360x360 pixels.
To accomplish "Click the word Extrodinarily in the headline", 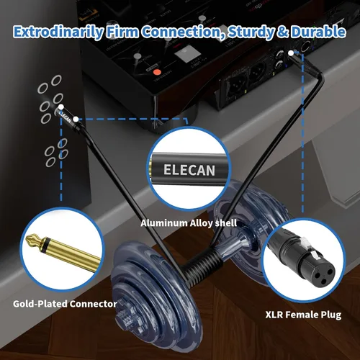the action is [58, 32].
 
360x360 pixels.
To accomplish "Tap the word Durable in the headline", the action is [318, 32].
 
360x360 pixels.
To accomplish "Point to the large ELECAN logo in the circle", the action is [189, 170].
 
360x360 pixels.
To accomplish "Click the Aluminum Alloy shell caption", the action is [189, 223].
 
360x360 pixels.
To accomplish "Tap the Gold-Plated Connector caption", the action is [65, 304].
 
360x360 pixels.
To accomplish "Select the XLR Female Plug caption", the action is [303, 315].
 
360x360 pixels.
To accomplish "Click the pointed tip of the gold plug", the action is [27, 239].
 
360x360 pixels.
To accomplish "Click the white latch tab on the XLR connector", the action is [304, 241].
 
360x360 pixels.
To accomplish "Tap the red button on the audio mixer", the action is [157, 72].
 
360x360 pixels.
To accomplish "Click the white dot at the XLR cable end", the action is [291, 53].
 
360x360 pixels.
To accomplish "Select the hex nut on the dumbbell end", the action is [125, 319].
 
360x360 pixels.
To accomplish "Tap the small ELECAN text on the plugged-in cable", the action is [65, 116].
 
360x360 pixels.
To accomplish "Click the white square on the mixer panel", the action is [184, 55].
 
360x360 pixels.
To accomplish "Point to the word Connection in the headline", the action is [183, 32].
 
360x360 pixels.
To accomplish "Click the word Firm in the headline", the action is [122, 32].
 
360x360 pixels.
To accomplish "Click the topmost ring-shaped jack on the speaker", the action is [56, 80].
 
